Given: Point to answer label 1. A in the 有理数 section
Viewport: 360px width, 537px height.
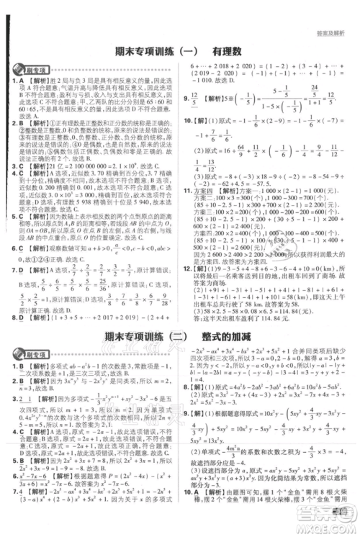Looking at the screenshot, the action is coord(17,81).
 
